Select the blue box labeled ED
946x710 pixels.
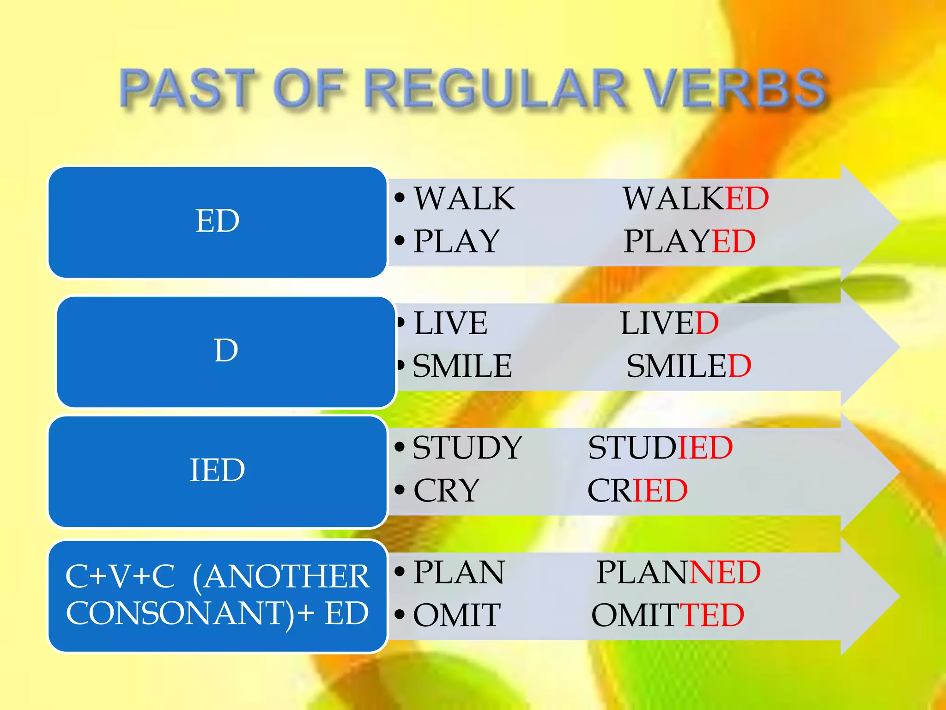(x=217, y=222)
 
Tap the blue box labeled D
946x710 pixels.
(x=226, y=351)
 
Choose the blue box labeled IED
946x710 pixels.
(x=217, y=471)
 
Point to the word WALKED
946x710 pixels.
(x=695, y=199)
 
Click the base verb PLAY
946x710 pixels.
(x=456, y=241)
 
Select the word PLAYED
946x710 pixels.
(x=689, y=241)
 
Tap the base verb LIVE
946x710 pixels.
(x=450, y=323)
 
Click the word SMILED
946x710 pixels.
(x=688, y=366)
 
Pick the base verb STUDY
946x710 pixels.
(x=467, y=447)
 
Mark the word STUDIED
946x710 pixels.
(x=660, y=447)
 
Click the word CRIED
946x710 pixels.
(x=637, y=490)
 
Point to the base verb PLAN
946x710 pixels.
(x=459, y=572)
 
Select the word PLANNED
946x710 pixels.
(x=678, y=572)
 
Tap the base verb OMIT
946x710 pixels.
(x=456, y=615)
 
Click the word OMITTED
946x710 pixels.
(x=667, y=615)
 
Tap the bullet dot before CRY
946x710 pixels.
(x=400, y=490)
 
